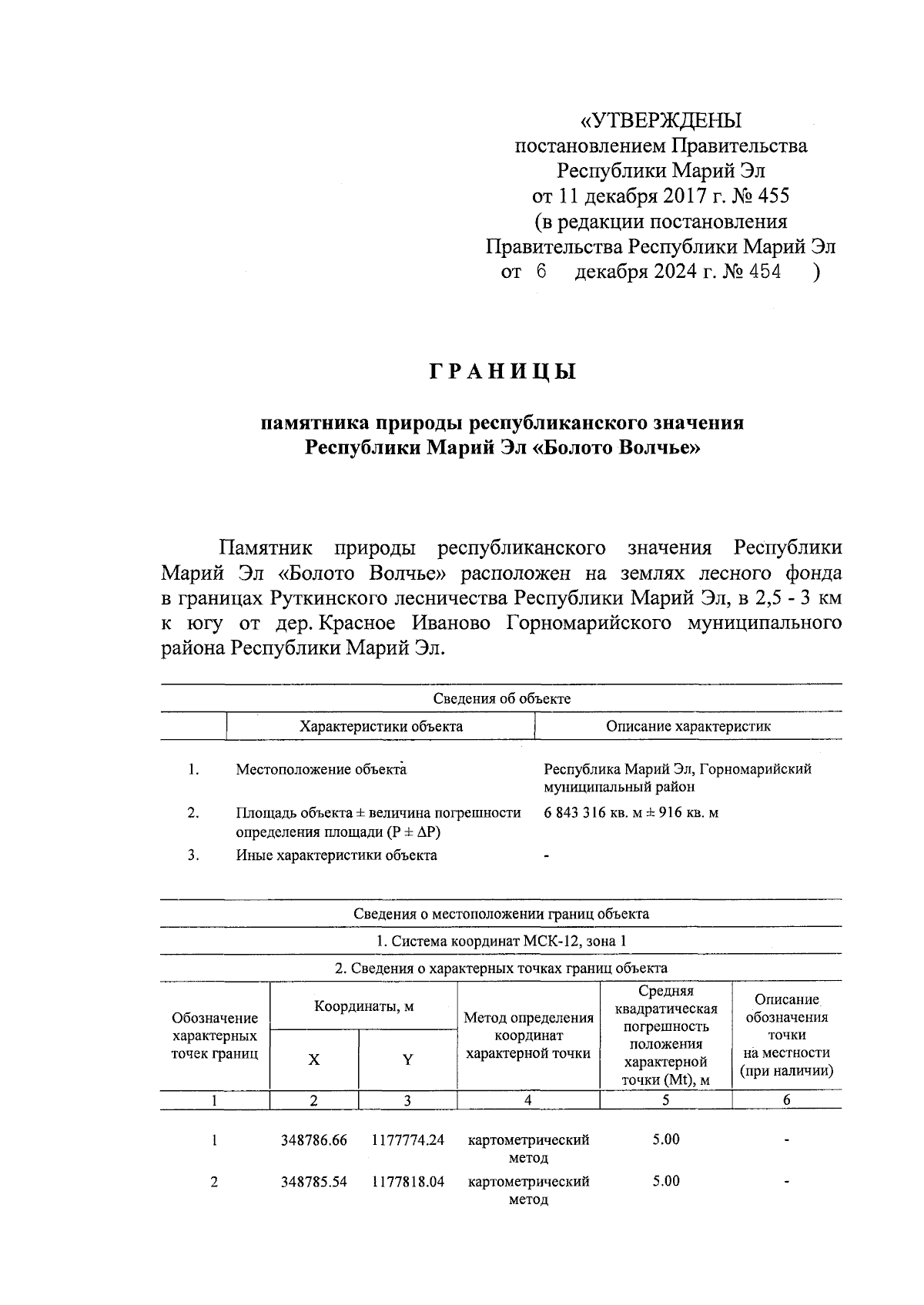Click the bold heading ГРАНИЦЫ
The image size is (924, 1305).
point(502,373)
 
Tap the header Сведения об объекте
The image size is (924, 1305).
point(501,698)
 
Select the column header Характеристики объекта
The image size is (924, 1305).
point(380,726)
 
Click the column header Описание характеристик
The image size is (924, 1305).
point(688,726)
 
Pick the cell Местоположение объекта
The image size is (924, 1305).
point(320,769)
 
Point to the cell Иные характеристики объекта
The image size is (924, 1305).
point(336,855)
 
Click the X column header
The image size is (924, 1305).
point(313,1060)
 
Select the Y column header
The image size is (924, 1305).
point(407,1060)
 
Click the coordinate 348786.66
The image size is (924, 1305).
point(313,1140)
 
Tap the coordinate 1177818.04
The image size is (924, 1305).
point(407,1182)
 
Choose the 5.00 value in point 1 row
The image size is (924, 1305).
point(665,1139)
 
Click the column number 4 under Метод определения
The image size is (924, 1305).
point(528,1100)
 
